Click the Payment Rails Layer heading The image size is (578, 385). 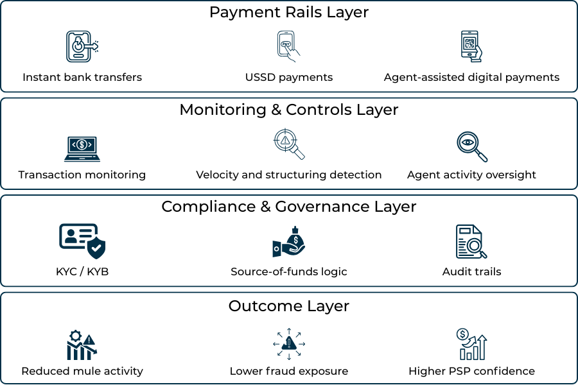[x=289, y=12]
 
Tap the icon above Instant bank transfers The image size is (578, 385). [x=82, y=46]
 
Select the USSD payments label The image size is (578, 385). [x=289, y=77]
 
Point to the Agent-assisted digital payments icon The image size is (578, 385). [x=471, y=46]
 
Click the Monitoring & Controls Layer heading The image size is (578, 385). [x=289, y=110]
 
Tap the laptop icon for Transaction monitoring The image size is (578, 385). [x=82, y=147]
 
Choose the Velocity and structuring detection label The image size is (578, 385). [x=289, y=175]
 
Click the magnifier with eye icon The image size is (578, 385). [x=471, y=146]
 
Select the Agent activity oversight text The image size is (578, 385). [x=471, y=175]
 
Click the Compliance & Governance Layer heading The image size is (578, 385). [x=289, y=207]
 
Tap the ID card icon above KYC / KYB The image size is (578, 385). [x=82, y=241]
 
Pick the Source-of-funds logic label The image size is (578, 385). [x=289, y=271]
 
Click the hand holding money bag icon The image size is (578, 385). [x=289, y=242]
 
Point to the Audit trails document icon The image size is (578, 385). [x=471, y=242]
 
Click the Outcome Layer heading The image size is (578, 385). [x=289, y=306]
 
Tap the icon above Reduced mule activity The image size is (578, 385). [x=82, y=345]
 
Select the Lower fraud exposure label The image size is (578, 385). [x=289, y=371]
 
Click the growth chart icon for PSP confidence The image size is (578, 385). [x=471, y=344]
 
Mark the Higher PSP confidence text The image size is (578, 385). [x=471, y=371]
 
